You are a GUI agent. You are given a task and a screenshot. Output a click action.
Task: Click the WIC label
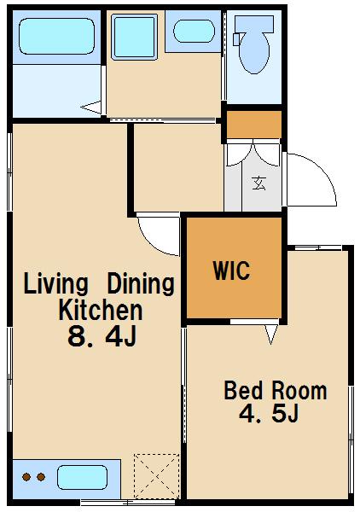tap(232, 271)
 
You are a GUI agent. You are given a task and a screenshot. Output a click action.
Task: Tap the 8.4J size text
tap(102, 336)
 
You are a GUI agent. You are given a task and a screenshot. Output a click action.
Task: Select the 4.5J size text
tap(269, 413)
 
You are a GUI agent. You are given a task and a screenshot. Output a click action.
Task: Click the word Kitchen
tap(101, 310)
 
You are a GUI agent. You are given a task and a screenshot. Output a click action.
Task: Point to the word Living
tap(55, 284)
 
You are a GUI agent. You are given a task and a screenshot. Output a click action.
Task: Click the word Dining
tap(141, 283)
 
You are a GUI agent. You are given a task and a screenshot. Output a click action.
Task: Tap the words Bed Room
tap(276, 390)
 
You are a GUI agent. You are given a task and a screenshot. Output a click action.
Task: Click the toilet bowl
tap(254, 45)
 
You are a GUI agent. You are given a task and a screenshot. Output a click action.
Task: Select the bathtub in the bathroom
tap(57, 36)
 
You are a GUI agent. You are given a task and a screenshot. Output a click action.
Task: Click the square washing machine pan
tap(135, 37)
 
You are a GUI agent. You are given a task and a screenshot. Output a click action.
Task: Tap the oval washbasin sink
tap(194, 31)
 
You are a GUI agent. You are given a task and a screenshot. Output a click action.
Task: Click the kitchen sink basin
tap(82, 477)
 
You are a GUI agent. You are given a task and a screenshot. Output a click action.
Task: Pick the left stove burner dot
tap(26, 477)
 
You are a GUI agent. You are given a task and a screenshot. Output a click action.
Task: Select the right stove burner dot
tap(41, 477)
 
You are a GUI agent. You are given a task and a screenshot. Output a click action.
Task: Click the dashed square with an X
tap(157, 476)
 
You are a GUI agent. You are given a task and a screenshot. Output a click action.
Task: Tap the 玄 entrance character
tap(259, 183)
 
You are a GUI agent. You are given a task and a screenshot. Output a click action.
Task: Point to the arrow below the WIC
tap(271, 334)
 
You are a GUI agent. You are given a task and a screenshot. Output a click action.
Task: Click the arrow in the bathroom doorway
tap(90, 108)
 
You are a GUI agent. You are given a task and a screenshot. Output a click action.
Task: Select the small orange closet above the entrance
tap(254, 125)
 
